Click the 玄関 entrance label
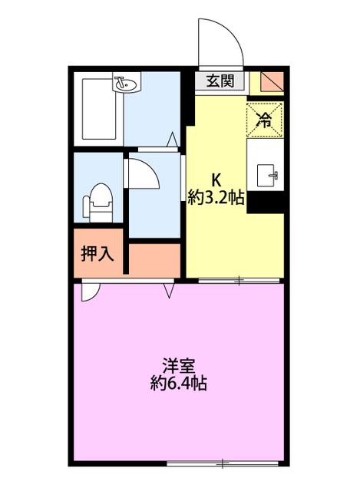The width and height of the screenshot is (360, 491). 220,81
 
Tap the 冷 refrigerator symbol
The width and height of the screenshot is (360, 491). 265,120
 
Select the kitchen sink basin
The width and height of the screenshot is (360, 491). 267,176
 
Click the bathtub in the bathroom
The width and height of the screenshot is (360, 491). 99,109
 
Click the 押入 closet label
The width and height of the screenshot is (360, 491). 97,253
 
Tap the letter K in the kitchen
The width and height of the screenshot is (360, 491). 216,180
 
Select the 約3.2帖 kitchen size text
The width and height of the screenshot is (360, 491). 216,198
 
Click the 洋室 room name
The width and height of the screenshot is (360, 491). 179,365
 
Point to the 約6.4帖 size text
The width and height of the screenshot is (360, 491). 179,383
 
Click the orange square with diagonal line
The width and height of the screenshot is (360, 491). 272,81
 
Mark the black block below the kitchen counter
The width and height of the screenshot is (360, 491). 266,203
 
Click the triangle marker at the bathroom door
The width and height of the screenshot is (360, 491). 172,140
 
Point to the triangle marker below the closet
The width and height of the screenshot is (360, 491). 169,291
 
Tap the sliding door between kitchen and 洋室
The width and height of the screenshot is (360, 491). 239,281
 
